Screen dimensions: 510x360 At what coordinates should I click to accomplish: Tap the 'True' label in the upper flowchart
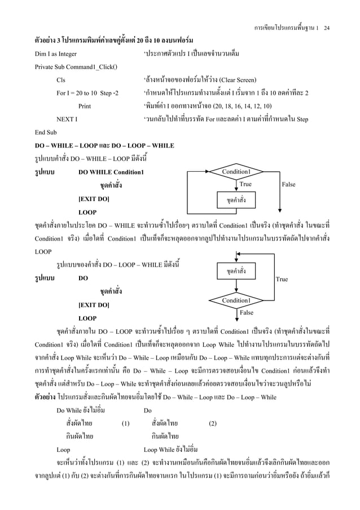pos(245,185)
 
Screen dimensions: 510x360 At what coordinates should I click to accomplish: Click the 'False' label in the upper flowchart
pos(288,185)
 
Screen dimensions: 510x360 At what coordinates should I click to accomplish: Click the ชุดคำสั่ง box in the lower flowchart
pos(236,271)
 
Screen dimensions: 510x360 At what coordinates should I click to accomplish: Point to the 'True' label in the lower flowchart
pos(282,279)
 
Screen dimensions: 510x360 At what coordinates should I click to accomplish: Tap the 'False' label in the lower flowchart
pos(247,312)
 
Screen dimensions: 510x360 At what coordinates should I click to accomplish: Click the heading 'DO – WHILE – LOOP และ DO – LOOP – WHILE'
pos(96,146)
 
